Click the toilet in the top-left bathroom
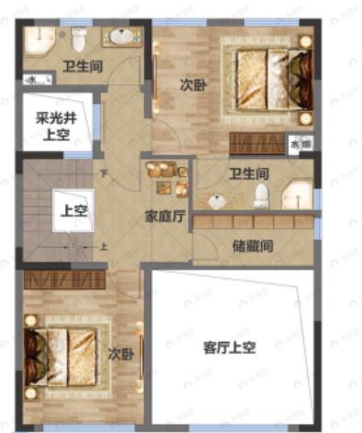pos(80,38)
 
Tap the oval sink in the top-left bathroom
pos(119,37)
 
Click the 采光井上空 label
pos(53,124)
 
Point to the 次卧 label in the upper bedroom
pos(192,84)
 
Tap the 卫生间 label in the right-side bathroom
pos(247,172)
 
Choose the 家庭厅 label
pos(166,217)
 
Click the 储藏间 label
pos(252,246)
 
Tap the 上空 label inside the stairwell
pos(73,209)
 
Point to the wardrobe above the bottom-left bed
pos(64,279)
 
